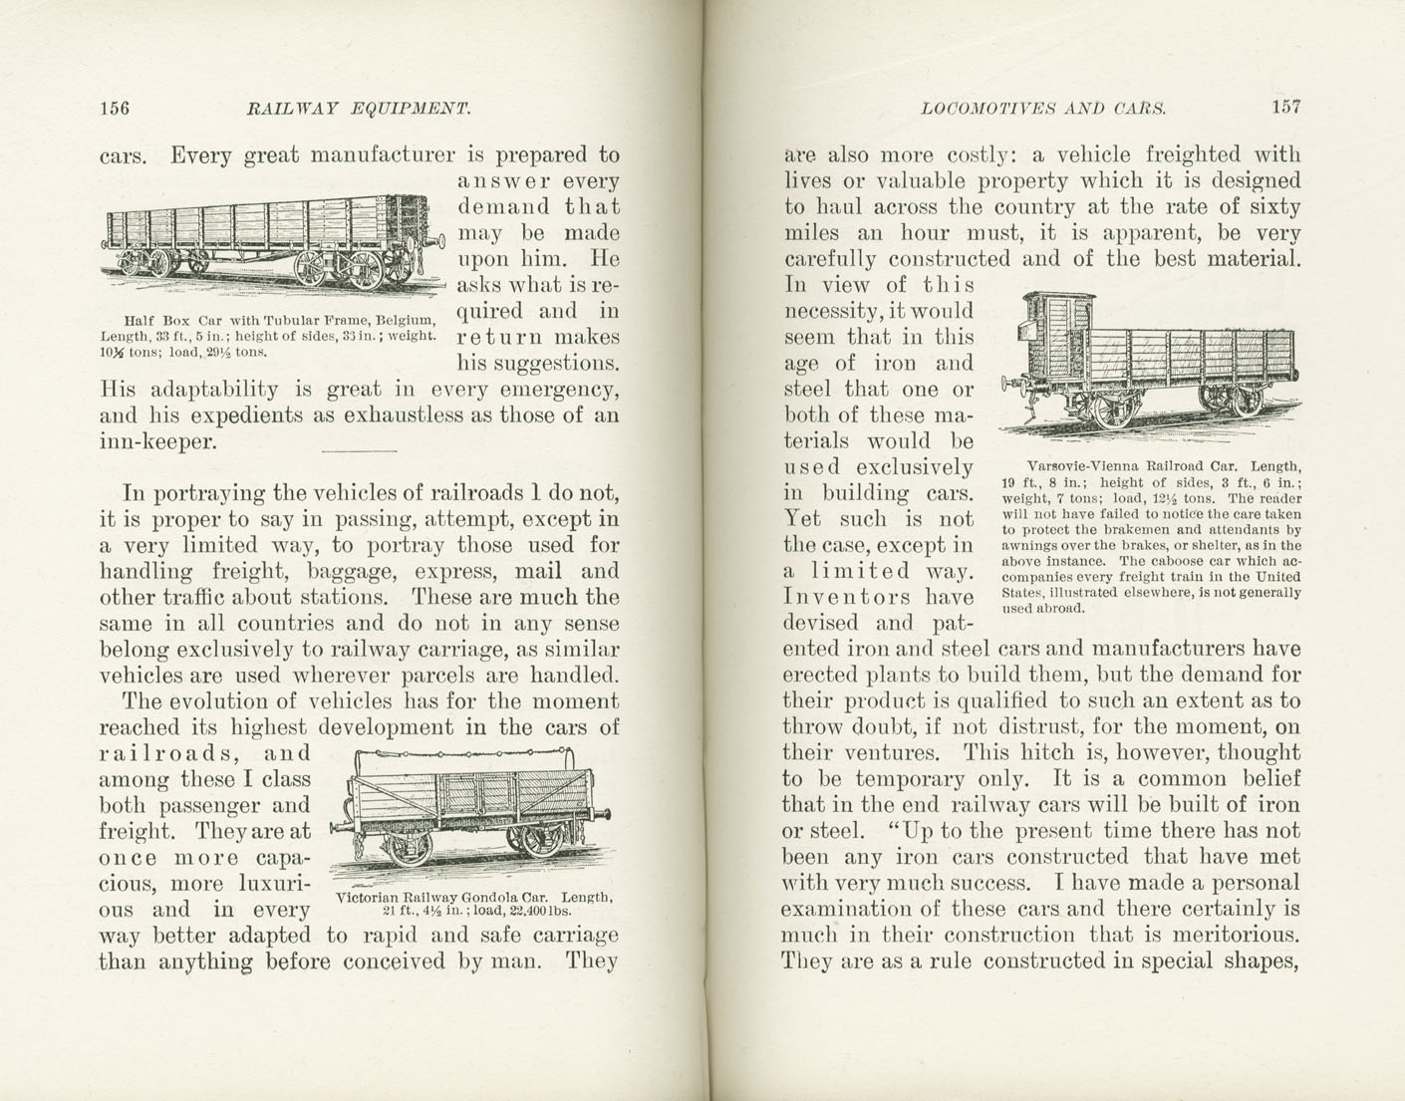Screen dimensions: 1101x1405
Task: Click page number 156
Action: coord(115,108)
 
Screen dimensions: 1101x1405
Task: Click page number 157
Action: coord(1285,107)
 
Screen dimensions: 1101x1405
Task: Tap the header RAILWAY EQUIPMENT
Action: coord(358,108)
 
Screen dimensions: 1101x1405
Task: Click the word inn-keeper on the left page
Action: coord(157,441)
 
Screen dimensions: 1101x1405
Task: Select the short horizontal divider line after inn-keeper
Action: coord(360,451)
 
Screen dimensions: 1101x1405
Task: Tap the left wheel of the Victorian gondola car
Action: coord(408,848)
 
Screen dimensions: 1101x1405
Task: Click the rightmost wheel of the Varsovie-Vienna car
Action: coord(1246,399)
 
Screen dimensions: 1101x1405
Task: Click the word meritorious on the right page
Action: coord(1237,935)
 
